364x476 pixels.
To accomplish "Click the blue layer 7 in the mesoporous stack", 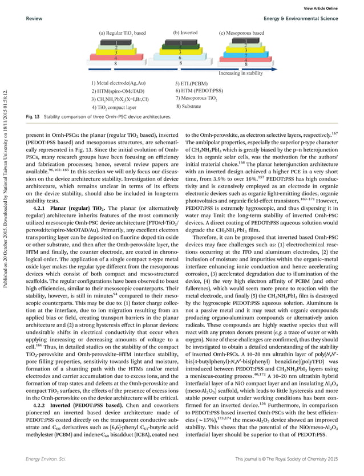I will (x=245, y=55).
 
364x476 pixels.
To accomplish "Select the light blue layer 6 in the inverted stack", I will (x=180, y=58).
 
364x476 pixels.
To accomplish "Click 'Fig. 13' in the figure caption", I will (x=33, y=116).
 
